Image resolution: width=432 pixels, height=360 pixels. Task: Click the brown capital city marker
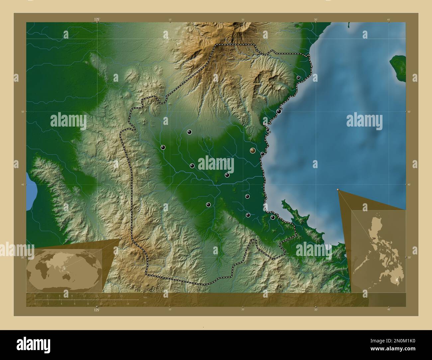(x=253, y=151)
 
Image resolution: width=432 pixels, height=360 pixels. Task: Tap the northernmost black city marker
(x=298, y=78)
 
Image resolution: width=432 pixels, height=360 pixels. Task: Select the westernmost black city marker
(x=163, y=147)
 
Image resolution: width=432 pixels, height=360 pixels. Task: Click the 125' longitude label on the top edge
(x=97, y=20)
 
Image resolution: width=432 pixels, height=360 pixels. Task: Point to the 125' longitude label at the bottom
(x=97, y=310)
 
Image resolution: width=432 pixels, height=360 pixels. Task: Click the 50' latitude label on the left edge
(x=23, y=112)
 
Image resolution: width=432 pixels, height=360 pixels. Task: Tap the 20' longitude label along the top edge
(x=243, y=20)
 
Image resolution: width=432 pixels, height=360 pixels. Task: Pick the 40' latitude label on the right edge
(x=409, y=185)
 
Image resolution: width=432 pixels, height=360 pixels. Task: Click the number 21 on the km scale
(x=122, y=296)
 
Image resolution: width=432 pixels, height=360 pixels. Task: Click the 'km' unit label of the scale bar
(x=145, y=297)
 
